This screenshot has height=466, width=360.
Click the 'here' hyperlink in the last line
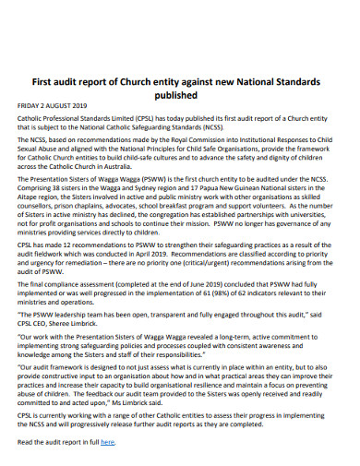pyautogui.click(x=107, y=443)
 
